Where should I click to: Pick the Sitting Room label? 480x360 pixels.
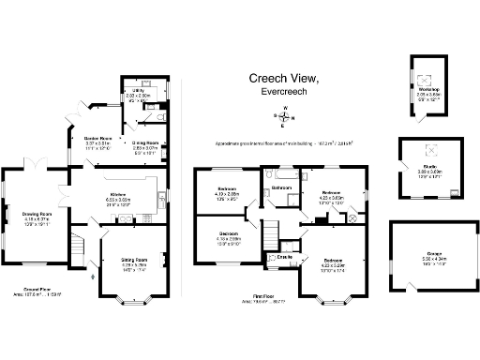(136, 260)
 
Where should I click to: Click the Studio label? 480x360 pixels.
(429, 170)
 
